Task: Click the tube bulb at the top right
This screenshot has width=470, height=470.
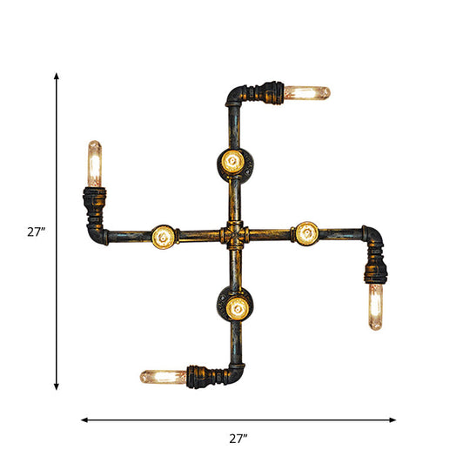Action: tap(308, 91)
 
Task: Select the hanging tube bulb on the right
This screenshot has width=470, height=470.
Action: tap(376, 306)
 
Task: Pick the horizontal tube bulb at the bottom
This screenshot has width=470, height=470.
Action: tap(164, 377)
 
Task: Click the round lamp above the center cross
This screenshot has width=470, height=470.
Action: tap(232, 161)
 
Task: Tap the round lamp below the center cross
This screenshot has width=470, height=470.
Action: tap(232, 306)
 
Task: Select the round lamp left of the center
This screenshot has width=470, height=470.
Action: tap(163, 235)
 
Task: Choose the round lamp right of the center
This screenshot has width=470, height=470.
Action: tap(306, 232)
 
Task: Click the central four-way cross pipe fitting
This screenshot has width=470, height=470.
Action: tap(233, 235)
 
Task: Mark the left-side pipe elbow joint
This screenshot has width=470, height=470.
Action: tap(98, 233)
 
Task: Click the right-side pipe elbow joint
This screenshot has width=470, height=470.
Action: tap(373, 236)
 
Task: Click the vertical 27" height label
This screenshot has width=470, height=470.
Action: tap(36, 232)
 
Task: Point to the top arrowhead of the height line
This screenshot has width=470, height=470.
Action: tap(57, 77)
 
